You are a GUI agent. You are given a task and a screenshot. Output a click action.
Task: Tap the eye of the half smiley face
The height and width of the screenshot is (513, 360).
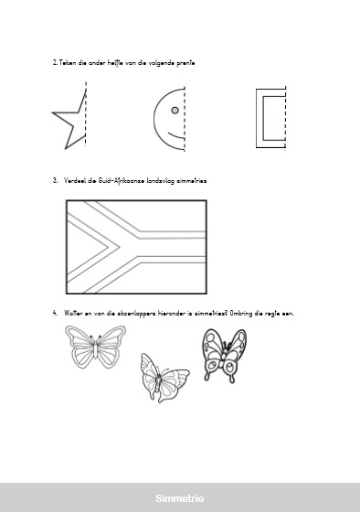175,111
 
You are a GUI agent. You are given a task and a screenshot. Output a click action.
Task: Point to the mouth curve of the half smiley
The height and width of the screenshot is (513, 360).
176,135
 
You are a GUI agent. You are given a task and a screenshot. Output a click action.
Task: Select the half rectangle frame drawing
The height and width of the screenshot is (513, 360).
259,118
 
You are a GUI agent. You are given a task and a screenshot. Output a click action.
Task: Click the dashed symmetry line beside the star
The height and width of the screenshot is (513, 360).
86,113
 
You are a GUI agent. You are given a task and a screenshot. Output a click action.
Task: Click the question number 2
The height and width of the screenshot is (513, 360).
55,62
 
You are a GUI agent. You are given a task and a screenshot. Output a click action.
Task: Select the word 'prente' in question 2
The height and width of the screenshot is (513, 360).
185,63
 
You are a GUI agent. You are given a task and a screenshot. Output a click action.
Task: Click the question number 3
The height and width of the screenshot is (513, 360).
55,180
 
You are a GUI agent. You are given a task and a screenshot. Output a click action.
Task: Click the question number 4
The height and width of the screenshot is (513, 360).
55,313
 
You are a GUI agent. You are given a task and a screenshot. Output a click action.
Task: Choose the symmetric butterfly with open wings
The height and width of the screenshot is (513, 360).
95,347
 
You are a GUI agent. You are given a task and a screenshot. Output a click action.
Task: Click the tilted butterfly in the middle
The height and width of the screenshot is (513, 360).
164,378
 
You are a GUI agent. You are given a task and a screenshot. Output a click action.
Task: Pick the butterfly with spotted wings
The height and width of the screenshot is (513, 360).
224,356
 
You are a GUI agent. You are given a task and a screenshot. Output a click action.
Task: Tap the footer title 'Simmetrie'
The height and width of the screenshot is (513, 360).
179,498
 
